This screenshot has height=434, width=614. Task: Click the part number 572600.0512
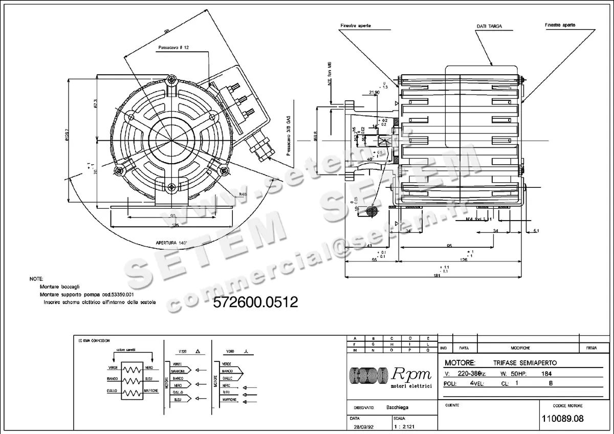click(255, 302)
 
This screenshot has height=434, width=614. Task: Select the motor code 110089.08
click(562, 419)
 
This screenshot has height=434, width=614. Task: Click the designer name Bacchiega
click(397, 408)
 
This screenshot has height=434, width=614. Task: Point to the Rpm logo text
click(412, 374)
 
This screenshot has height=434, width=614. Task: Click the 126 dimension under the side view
click(464, 260)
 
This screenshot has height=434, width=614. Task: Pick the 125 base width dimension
click(175, 225)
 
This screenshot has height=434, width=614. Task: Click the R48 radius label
click(243, 194)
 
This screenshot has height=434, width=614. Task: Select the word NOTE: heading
click(36, 280)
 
